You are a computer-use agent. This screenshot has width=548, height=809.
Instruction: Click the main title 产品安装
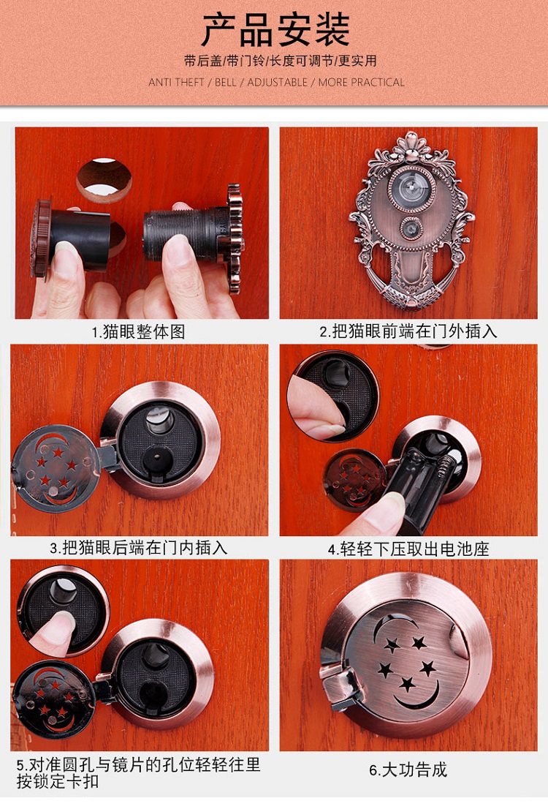275,30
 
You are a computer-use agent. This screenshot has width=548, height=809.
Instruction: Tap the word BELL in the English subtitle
225,82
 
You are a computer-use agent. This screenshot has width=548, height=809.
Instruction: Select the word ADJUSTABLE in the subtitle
278,82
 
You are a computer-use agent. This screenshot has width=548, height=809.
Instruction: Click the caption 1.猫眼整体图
138,331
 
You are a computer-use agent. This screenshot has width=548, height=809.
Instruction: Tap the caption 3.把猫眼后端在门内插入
138,547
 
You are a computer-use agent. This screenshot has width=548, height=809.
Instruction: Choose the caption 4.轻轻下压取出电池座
408,549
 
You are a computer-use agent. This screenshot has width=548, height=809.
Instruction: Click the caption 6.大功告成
408,770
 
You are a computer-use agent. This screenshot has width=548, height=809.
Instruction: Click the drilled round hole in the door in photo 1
104,180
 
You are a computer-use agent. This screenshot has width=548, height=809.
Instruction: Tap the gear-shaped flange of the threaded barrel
235,238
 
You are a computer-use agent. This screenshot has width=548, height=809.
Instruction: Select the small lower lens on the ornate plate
411,227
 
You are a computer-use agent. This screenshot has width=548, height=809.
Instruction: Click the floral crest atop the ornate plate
411,146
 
